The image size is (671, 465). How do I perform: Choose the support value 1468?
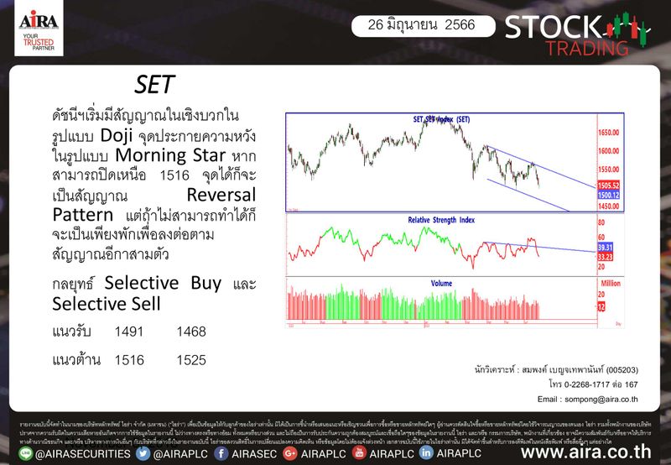[191, 332]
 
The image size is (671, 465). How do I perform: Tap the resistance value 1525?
[191, 360]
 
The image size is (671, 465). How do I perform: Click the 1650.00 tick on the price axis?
[610, 133]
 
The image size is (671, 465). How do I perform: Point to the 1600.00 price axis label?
[610, 152]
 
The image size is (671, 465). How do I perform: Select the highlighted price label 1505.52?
[609, 185]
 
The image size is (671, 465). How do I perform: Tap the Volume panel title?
[441, 283]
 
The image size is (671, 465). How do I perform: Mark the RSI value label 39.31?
[606, 248]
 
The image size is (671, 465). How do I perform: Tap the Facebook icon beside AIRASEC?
[221, 453]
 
